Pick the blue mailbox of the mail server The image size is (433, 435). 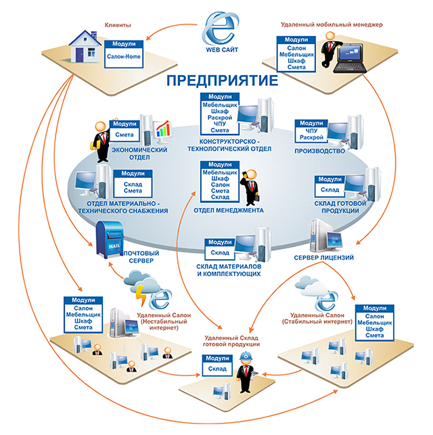[x=108, y=237]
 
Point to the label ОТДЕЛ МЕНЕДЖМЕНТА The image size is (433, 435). [x=228, y=210]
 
